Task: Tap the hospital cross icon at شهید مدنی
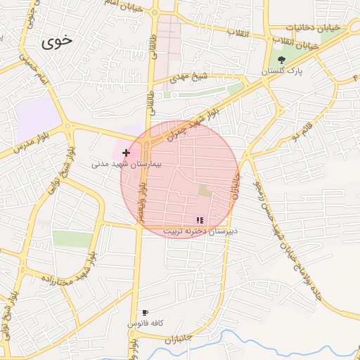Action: point(127,152)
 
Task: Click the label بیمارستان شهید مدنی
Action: point(127,163)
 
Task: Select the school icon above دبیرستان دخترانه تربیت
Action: point(200,220)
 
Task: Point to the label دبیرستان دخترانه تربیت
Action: point(200,231)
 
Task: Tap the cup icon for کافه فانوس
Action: point(146,312)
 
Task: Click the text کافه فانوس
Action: point(146,323)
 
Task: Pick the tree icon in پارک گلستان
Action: point(282,60)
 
